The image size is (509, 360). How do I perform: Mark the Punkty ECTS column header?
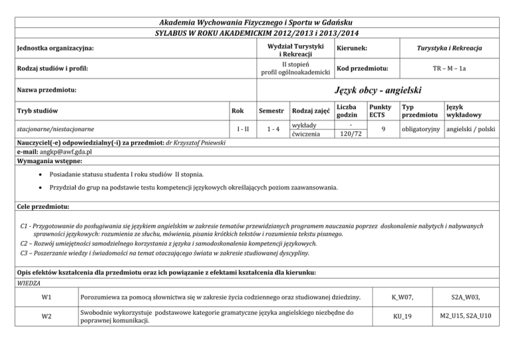click(x=380, y=111)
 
